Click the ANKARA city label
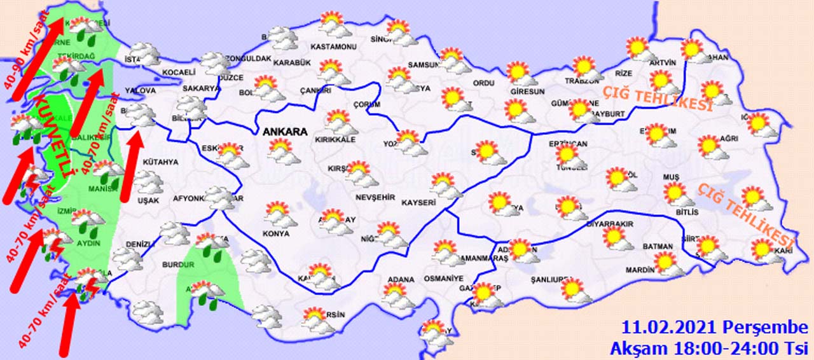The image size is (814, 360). point(285,132)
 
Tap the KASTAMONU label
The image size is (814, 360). point(332,47)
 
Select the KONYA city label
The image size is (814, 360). point(275,233)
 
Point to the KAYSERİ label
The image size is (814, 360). point(418,203)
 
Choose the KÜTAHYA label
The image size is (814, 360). point(160,162)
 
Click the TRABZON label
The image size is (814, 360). point(583,81)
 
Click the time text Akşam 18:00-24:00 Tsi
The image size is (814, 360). point(708,348)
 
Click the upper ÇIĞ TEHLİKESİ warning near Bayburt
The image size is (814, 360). point(657,100)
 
